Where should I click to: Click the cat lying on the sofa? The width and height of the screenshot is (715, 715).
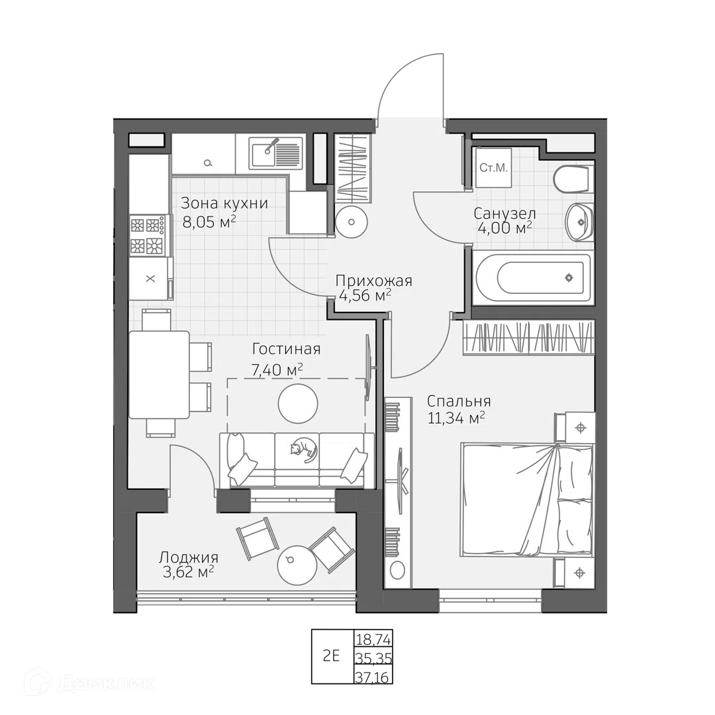click(x=303, y=450)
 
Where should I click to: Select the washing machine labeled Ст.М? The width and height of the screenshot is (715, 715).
click(x=493, y=167)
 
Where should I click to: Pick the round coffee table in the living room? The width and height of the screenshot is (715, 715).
click(x=298, y=403)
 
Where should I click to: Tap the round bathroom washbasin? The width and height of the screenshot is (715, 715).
click(x=579, y=222)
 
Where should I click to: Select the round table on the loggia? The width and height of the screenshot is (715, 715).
click(x=297, y=565)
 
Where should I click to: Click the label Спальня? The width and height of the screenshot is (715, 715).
click(x=459, y=401)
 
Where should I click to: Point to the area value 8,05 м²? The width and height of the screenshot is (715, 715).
click(x=209, y=222)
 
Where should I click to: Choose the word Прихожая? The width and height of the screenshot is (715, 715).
click(x=373, y=281)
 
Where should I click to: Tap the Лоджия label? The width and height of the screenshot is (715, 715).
click(x=188, y=557)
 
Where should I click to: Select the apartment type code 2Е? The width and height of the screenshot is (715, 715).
click(x=331, y=657)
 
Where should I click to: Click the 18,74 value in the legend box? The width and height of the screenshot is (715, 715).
click(x=373, y=640)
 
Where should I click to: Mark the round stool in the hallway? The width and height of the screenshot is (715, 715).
click(x=351, y=222)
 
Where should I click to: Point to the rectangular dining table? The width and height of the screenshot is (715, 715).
click(x=159, y=375)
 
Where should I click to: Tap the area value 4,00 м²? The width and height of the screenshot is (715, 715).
click(x=504, y=228)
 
